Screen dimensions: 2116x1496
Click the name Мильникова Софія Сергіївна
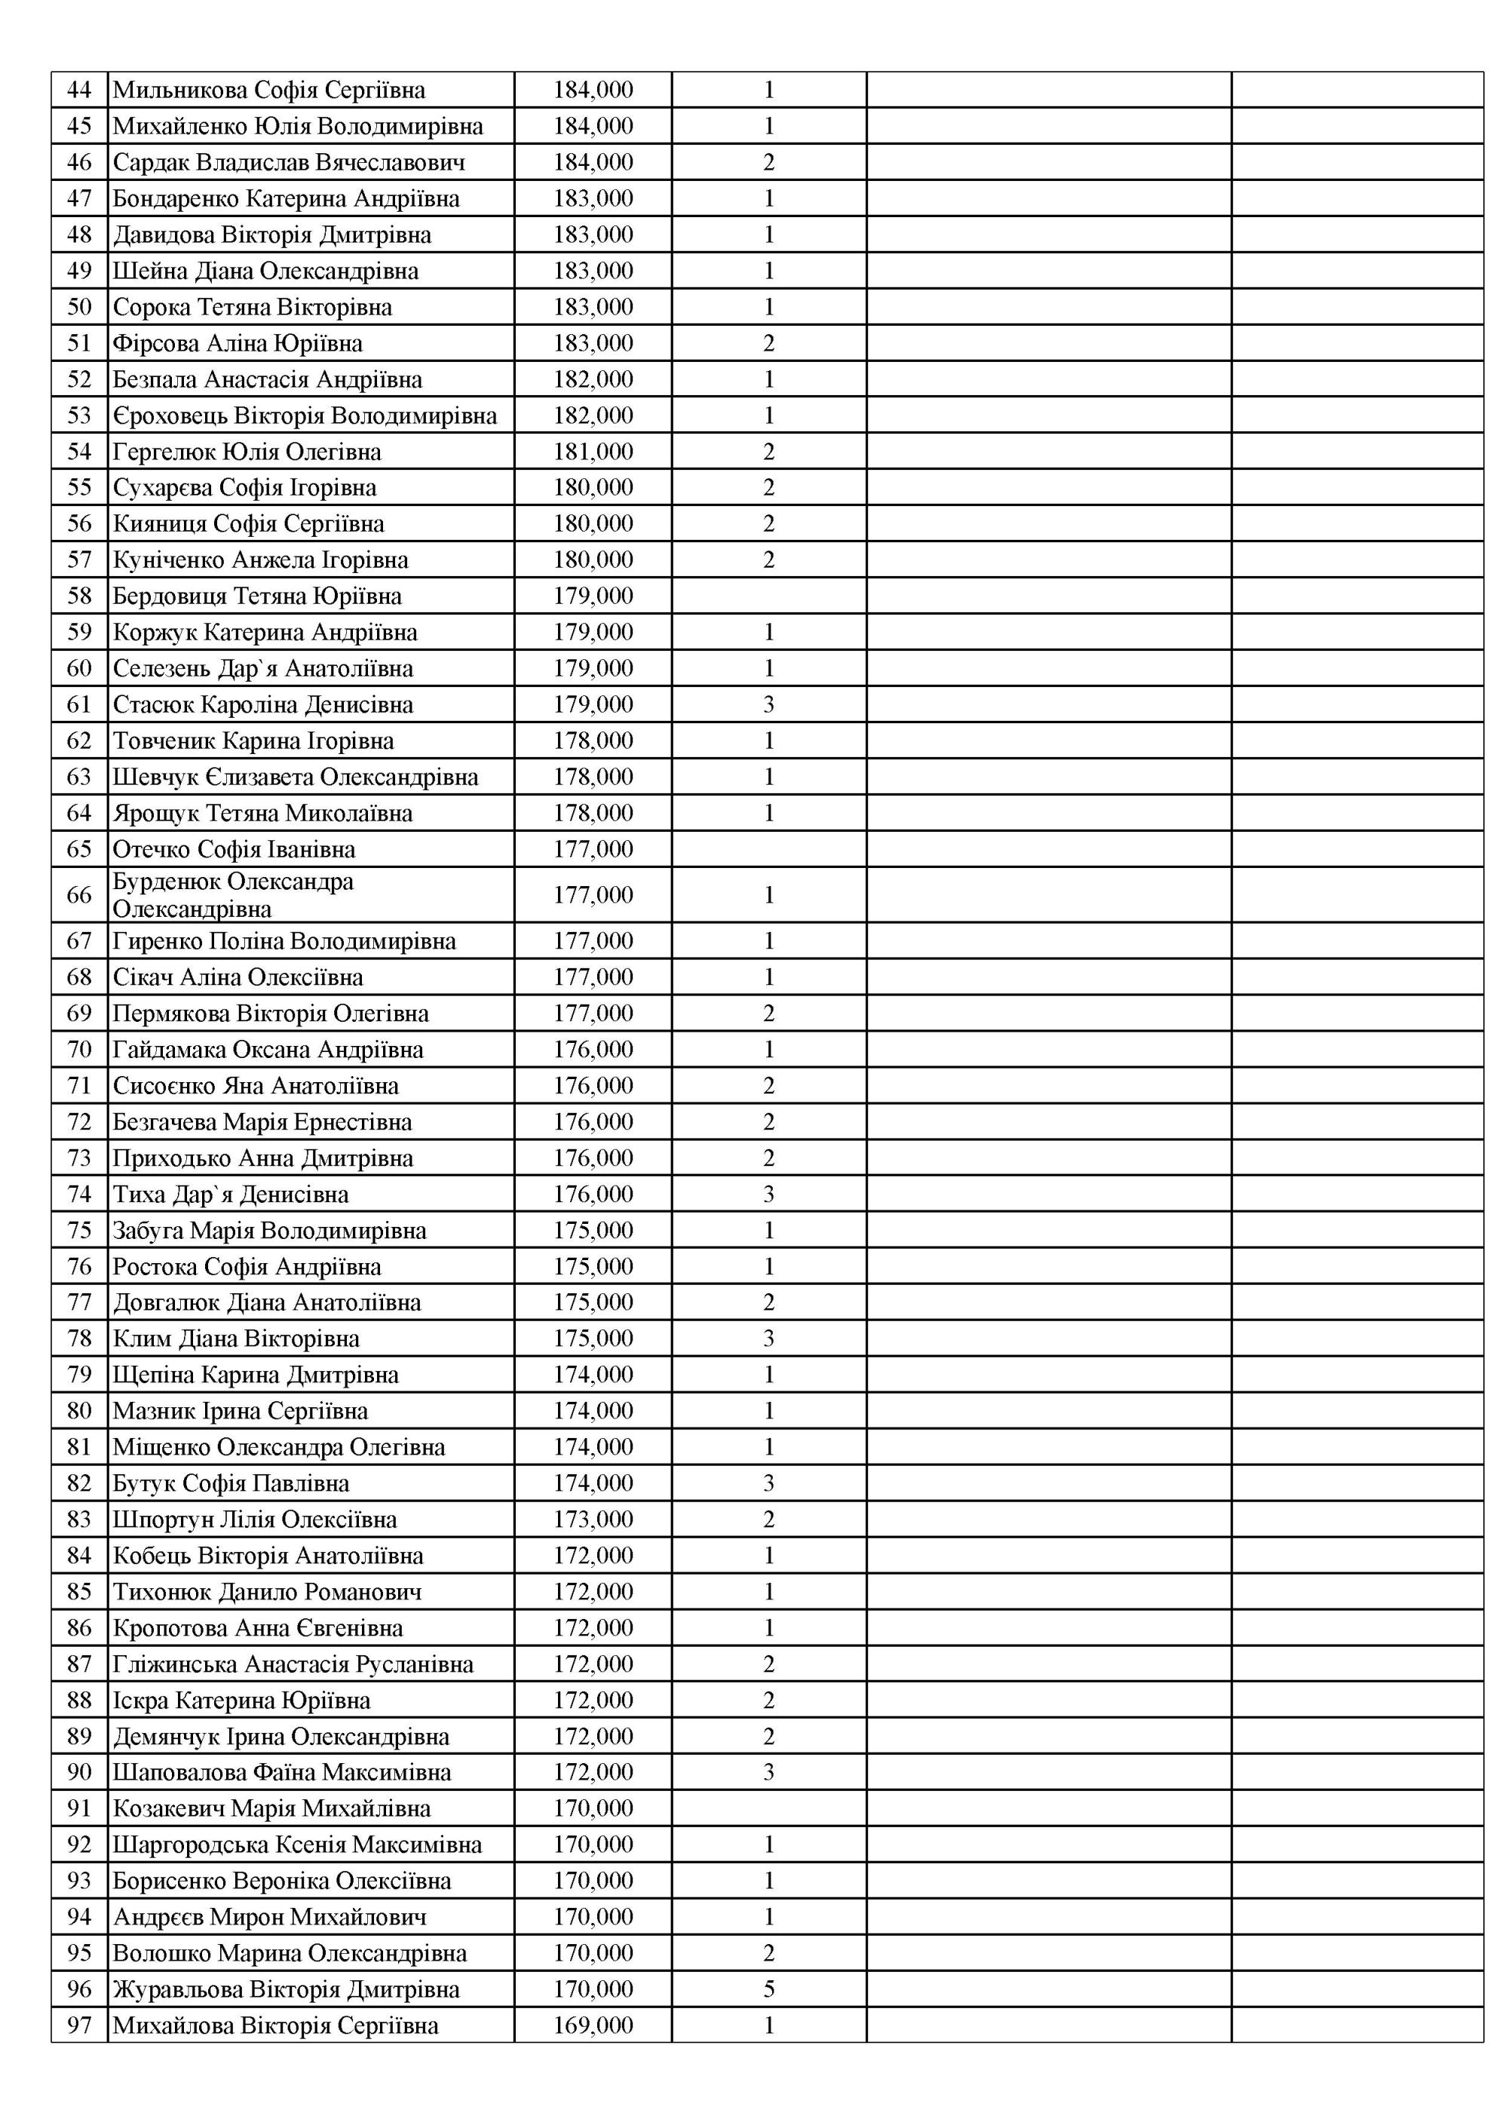pyautogui.click(x=269, y=90)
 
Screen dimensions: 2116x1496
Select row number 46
pyautogui.click(x=79, y=162)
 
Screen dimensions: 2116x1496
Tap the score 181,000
pyautogui.click(x=593, y=452)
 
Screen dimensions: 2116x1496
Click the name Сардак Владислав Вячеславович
pyautogui.click(x=289, y=162)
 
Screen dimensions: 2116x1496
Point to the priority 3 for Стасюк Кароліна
pyautogui.click(x=769, y=704)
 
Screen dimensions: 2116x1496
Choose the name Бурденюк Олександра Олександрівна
pyautogui.click(x=233, y=895)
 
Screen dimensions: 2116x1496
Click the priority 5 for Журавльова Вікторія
pyautogui.click(x=769, y=1989)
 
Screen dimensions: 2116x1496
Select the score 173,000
pyautogui.click(x=593, y=1519)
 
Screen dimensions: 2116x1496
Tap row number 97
pyautogui.click(x=79, y=2025)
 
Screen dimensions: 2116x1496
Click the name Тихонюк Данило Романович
pyautogui.click(x=268, y=1592)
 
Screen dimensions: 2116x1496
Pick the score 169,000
pyautogui.click(x=593, y=2025)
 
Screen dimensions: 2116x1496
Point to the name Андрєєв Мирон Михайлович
pyautogui.click(x=270, y=1917)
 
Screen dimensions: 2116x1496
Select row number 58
pyautogui.click(x=79, y=596)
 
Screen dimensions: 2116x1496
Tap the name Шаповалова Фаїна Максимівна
pyautogui.click(x=282, y=1772)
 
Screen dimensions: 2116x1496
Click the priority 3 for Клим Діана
pyautogui.click(x=769, y=1339)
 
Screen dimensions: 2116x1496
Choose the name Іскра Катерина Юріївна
pyautogui.click(x=241, y=1700)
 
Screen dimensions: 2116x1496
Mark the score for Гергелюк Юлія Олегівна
pyautogui.click(x=593, y=452)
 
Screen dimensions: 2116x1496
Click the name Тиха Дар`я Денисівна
pyautogui.click(x=231, y=1194)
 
